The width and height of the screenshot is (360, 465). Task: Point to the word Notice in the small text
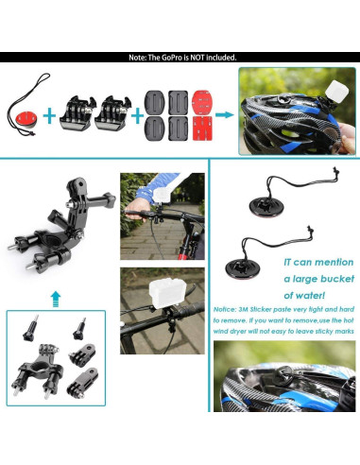(230, 308)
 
